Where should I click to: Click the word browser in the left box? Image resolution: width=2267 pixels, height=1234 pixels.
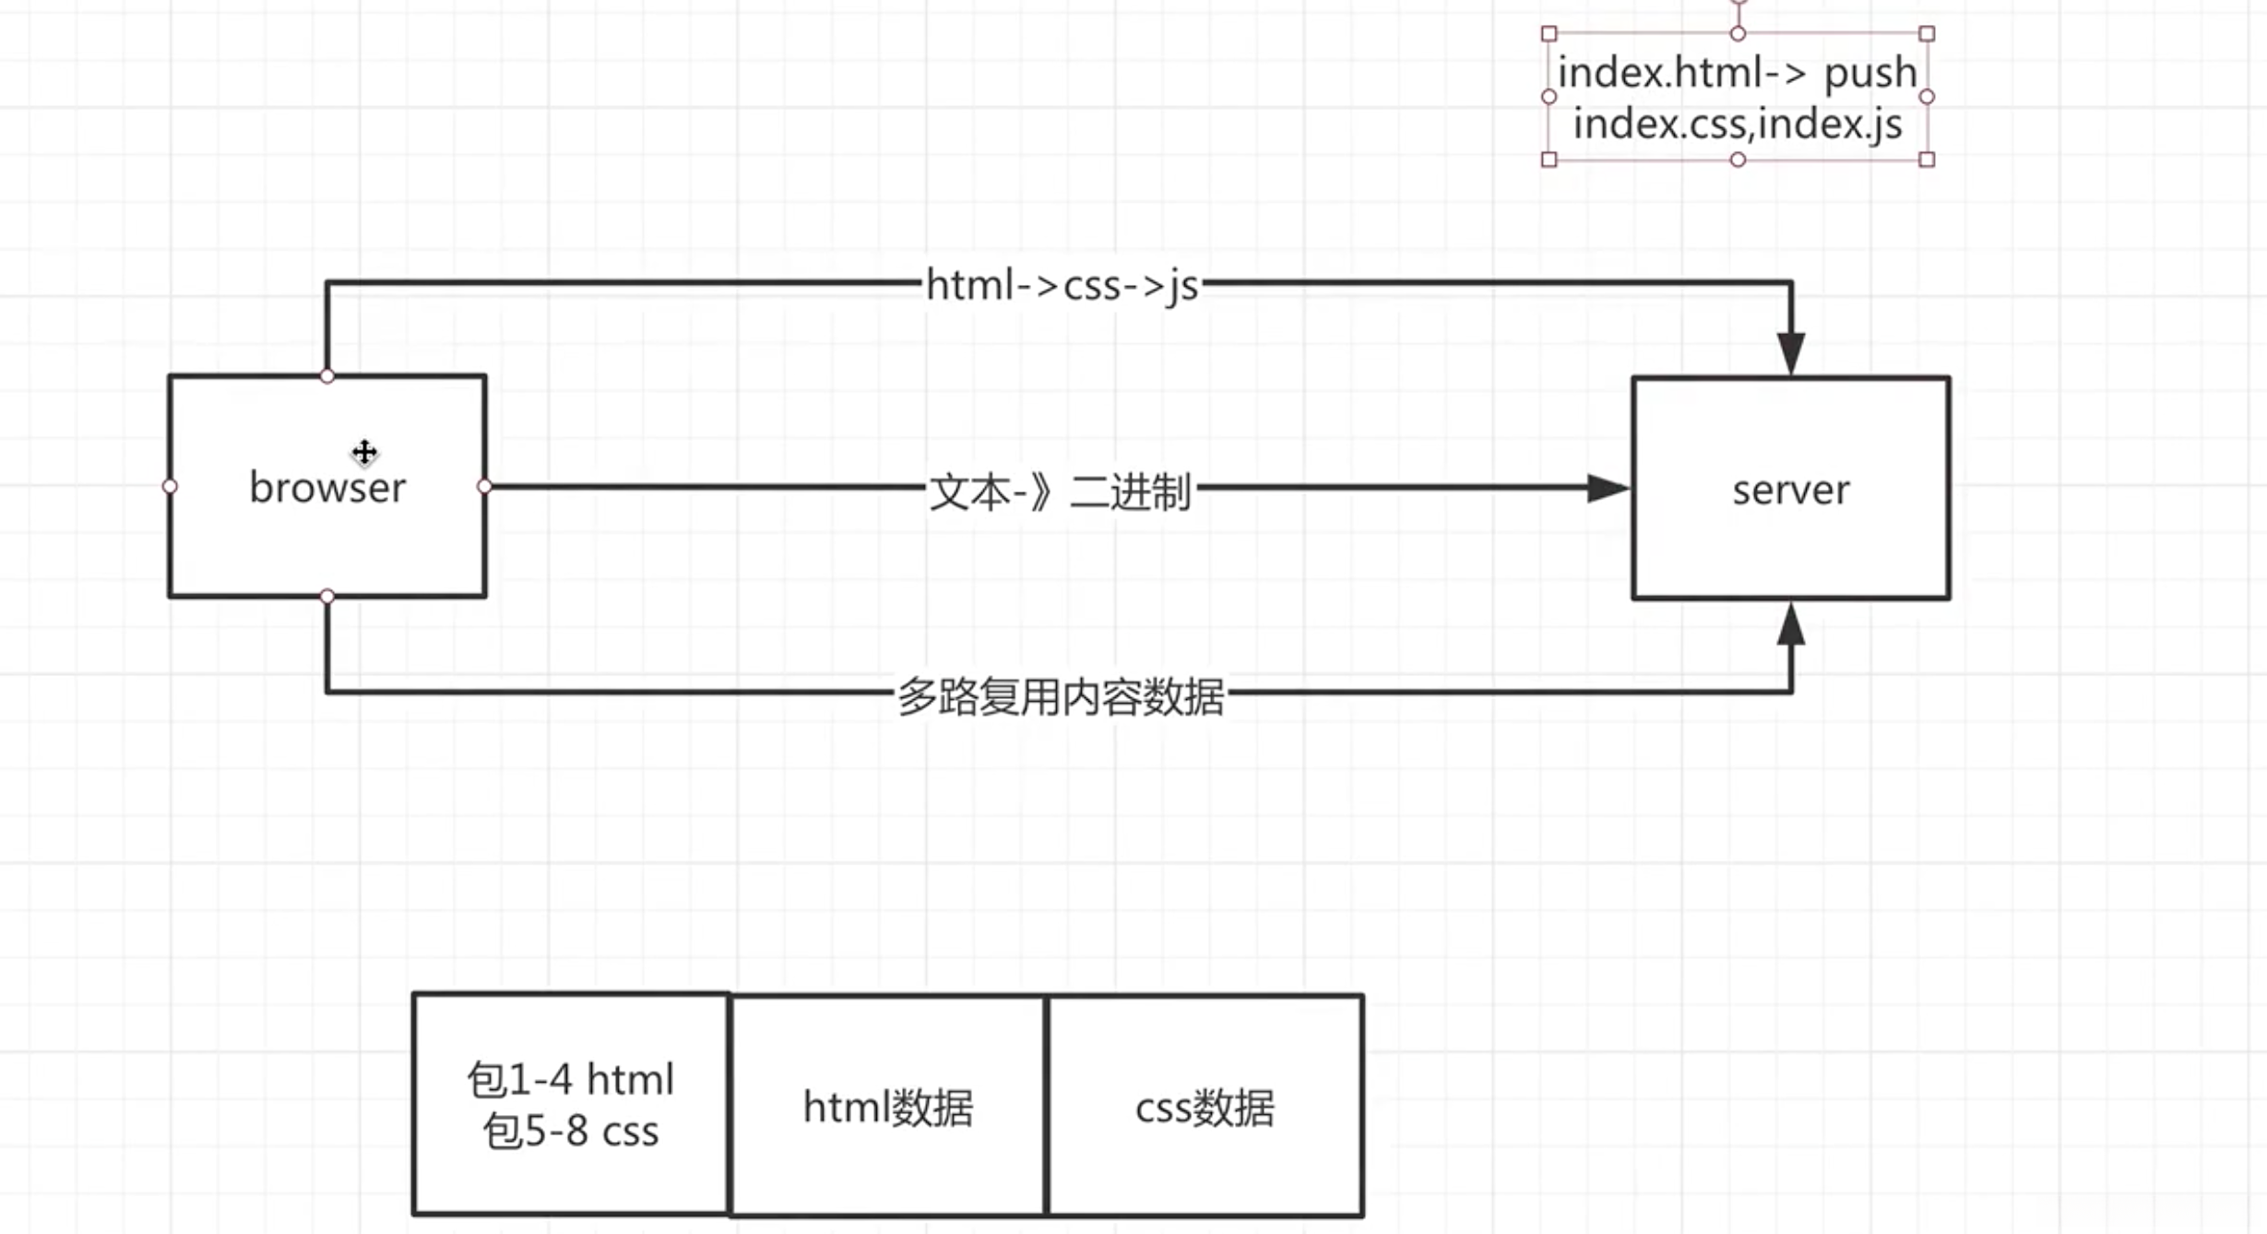tap(327, 487)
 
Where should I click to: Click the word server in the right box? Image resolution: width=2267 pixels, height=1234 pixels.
tap(1790, 490)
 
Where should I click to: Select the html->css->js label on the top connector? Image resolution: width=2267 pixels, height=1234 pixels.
tap(1062, 285)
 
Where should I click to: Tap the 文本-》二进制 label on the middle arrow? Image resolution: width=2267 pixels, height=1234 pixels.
tap(1060, 492)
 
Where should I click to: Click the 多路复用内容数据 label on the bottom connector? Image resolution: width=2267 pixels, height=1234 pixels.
tap(1061, 696)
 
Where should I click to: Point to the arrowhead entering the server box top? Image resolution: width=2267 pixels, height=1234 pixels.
tap(1790, 353)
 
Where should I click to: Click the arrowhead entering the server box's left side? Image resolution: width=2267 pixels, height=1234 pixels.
tap(1607, 488)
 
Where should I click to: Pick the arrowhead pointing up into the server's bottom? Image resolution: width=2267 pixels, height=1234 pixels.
tap(1790, 624)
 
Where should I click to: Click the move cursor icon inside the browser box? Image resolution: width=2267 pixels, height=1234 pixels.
tap(364, 452)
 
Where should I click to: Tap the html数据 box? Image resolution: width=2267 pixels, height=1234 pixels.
tap(887, 1107)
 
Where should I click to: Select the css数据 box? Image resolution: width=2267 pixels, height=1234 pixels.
tap(1205, 1107)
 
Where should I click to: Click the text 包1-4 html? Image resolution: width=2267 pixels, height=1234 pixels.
tap(570, 1079)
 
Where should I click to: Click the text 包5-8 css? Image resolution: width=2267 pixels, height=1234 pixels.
tap(570, 1131)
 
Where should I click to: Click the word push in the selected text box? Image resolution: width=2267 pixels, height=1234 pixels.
tap(1870, 73)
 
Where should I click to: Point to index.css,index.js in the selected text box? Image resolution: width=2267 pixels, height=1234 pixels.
tap(1738, 124)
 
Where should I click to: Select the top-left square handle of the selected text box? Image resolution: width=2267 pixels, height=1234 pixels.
tap(1549, 34)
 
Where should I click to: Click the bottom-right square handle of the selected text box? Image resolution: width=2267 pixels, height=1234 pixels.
tap(1927, 160)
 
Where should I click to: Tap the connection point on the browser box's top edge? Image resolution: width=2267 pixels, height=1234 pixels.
tap(327, 375)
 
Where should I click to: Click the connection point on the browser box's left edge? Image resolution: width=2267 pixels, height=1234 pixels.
tap(170, 486)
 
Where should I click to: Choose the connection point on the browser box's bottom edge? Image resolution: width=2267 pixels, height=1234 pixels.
tap(327, 597)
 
